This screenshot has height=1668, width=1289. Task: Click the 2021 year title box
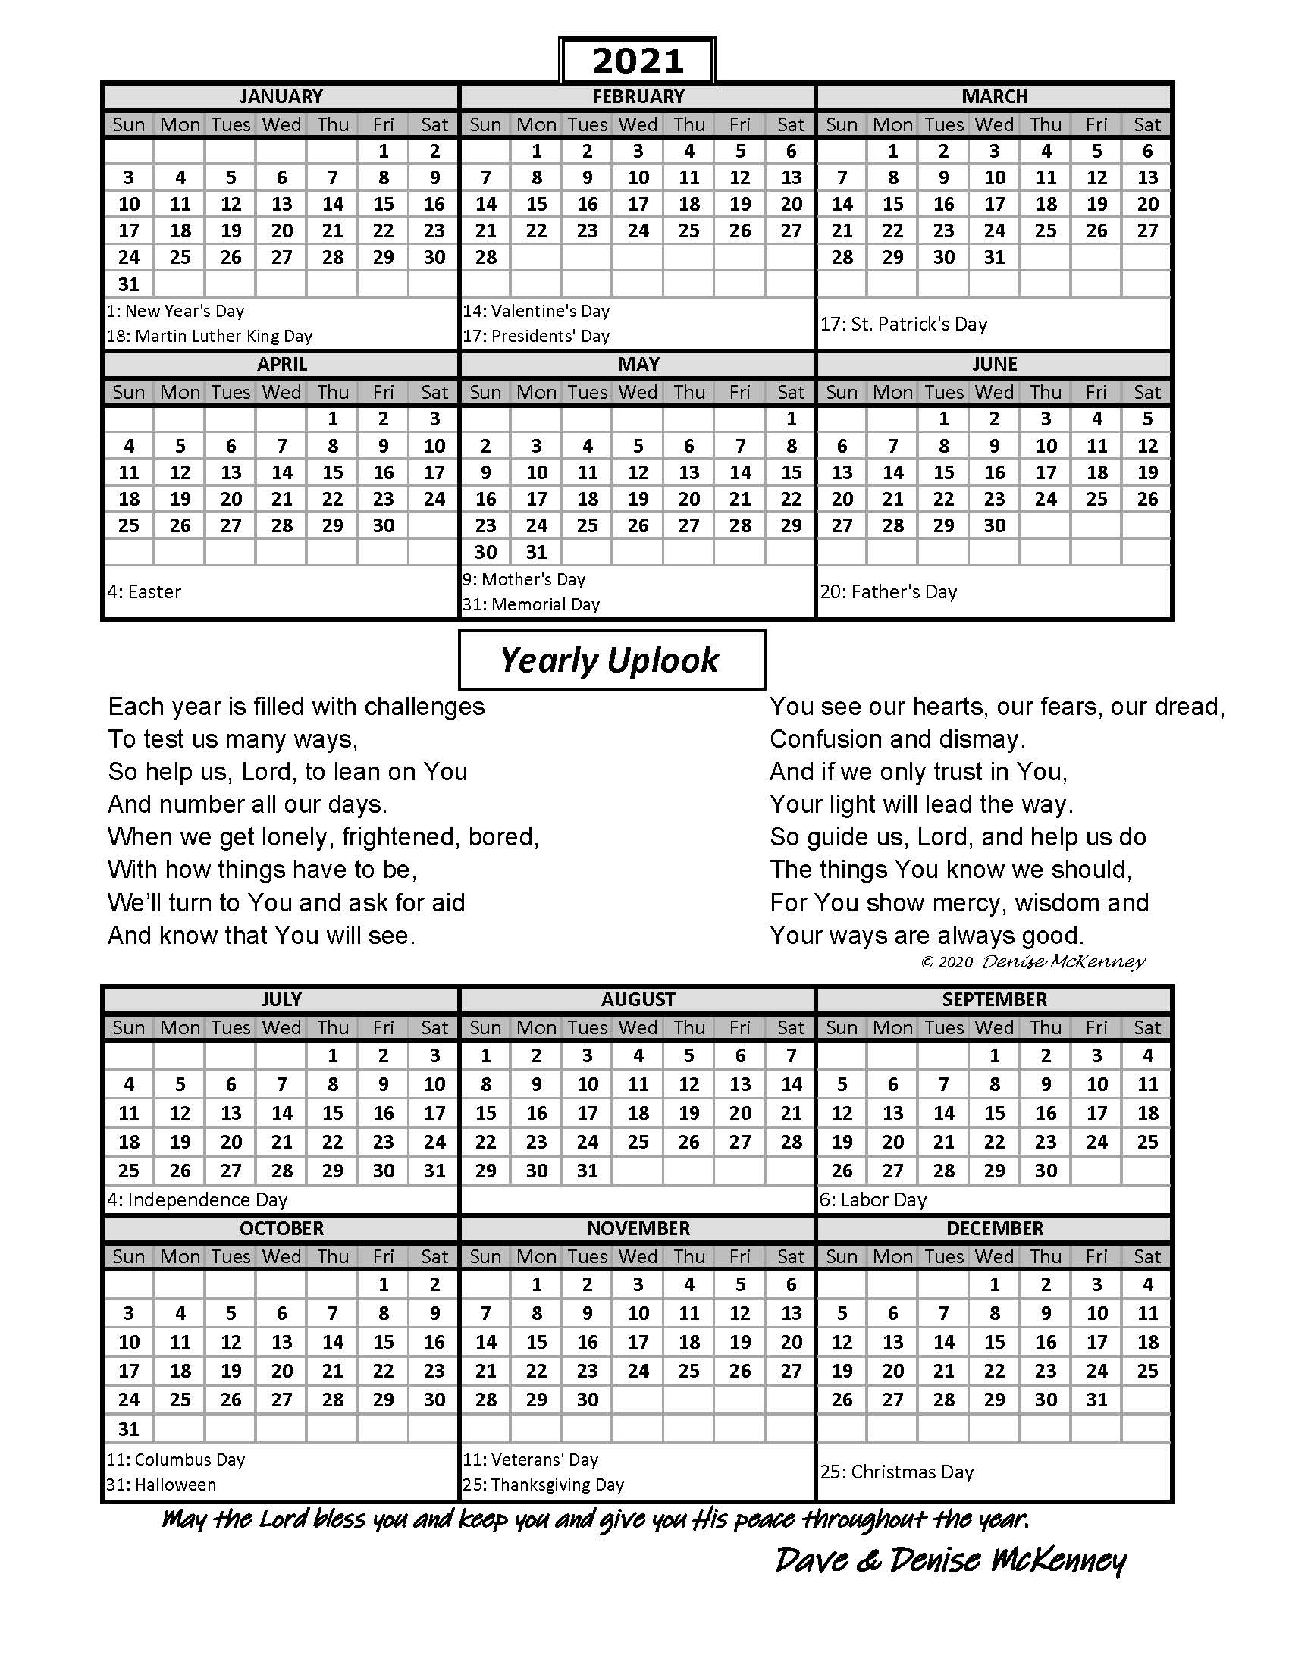[x=637, y=61]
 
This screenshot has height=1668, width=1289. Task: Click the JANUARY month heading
[x=281, y=97]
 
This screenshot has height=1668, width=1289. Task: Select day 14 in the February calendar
[x=486, y=205]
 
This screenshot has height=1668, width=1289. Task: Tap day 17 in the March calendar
[x=994, y=205]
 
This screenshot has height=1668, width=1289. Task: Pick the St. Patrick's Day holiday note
[x=904, y=325]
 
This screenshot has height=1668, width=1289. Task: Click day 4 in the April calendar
[x=129, y=446]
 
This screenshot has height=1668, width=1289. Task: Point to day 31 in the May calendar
[x=537, y=552]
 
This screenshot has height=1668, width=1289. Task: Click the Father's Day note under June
[x=889, y=592]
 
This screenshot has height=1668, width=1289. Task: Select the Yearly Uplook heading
[x=611, y=660]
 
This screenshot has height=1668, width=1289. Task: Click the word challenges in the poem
[x=425, y=707]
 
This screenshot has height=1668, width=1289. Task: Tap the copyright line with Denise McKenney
[x=1033, y=961]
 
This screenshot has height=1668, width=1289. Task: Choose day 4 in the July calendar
[x=129, y=1084]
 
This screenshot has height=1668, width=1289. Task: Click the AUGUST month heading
[x=638, y=1000]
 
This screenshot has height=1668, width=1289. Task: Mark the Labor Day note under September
[x=873, y=1200]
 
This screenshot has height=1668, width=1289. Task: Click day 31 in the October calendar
[x=129, y=1429]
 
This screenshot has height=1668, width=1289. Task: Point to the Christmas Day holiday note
[x=897, y=1472]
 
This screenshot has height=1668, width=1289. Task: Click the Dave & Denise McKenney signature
[x=951, y=1560]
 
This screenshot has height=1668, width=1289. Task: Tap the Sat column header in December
[x=1147, y=1256]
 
